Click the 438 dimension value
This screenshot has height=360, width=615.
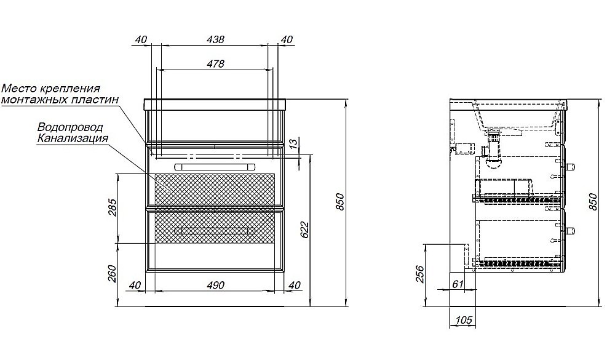[215, 39]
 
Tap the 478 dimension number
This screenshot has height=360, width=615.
[215, 63]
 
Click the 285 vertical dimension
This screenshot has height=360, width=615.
[112, 208]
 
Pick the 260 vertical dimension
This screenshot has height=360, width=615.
[112, 274]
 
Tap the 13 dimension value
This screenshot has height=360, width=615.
[293, 143]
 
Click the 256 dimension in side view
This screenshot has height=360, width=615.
[419, 274]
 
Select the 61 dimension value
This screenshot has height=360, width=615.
[458, 284]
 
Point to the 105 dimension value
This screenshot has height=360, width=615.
[464, 320]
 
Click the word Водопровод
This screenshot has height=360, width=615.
[70, 127]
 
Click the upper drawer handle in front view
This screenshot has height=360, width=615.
[215, 166]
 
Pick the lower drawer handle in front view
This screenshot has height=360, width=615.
[215, 230]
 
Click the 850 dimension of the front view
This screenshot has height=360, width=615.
[340, 202]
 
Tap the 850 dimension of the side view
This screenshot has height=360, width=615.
[593, 202]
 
